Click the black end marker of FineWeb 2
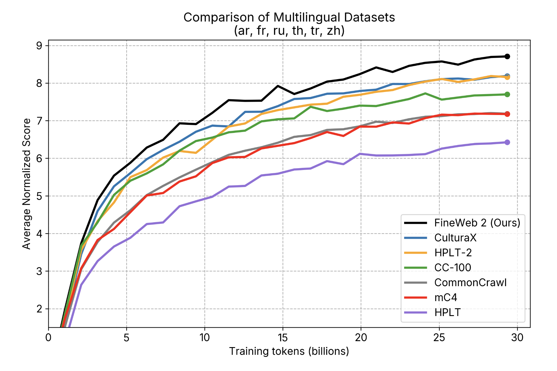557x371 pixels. point(507,56)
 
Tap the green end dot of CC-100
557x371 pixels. point(507,94)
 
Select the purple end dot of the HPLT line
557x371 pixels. point(507,142)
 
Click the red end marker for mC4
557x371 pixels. point(507,114)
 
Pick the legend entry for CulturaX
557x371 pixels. point(455,238)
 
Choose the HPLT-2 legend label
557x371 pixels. point(453,253)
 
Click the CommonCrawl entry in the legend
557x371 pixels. point(470,283)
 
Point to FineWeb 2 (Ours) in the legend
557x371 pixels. point(477,223)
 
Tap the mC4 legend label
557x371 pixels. point(446,298)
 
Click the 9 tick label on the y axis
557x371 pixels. point(39,46)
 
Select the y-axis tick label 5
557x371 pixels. point(39,196)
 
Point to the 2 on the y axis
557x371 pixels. point(39,309)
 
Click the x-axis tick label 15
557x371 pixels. point(283,338)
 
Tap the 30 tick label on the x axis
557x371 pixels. point(517,338)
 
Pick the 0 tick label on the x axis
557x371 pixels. point(48,338)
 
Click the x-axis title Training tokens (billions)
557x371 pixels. point(289,351)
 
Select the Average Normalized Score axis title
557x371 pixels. point(27,184)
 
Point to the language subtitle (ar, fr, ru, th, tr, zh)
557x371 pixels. point(289,30)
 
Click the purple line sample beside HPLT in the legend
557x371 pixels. point(415,312)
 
